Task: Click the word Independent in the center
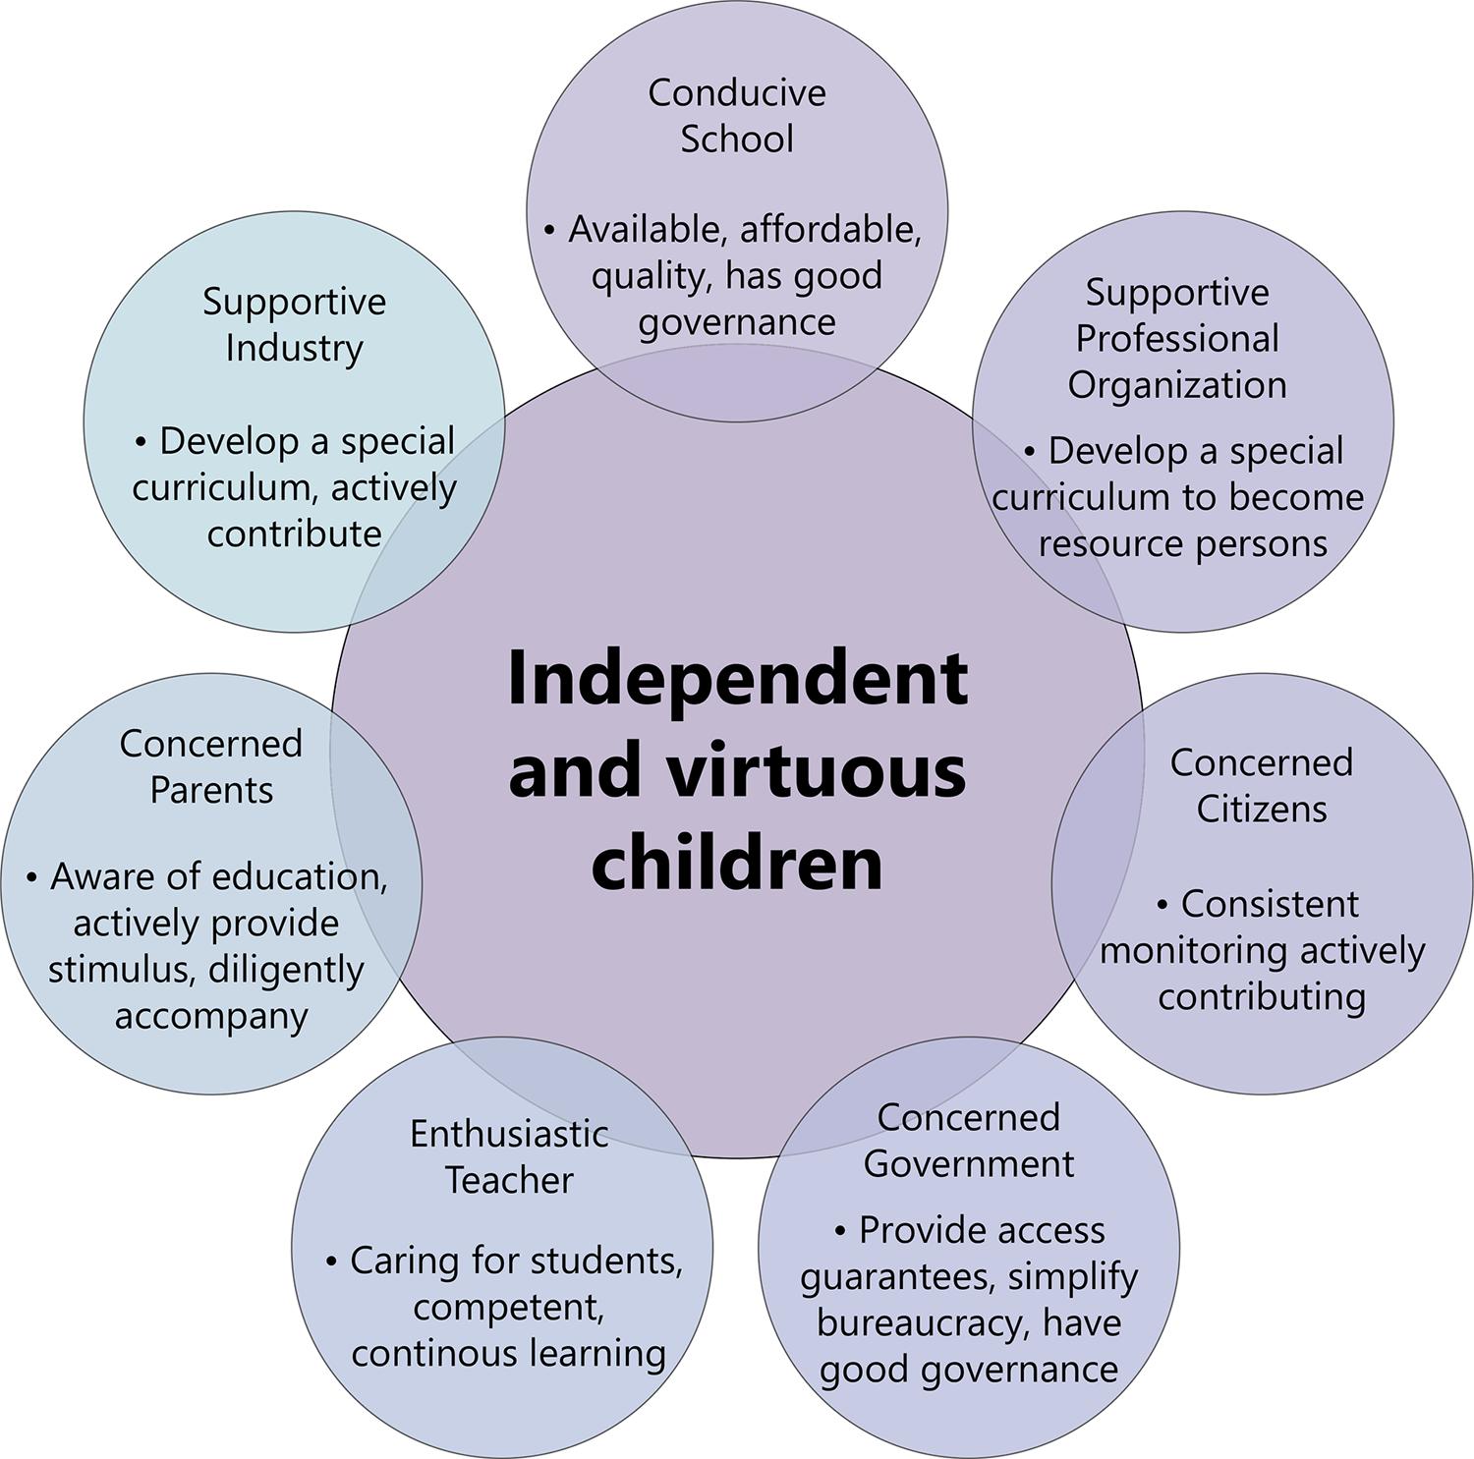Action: pyautogui.click(x=737, y=680)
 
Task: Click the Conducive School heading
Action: pyautogui.click(x=737, y=115)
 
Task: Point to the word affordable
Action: pyautogui.click(x=830, y=230)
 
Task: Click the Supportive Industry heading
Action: pyautogui.click(x=294, y=324)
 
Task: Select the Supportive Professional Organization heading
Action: pyautogui.click(x=1177, y=338)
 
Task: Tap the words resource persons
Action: pyautogui.click(x=1183, y=543)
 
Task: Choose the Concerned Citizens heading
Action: pyautogui.click(x=1261, y=785)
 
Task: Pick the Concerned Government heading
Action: pyautogui.click(x=968, y=1140)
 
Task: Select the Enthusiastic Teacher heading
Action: pyautogui.click(x=509, y=1156)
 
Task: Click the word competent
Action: pyautogui.click(x=507, y=1308)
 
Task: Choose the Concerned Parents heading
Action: pyautogui.click(x=210, y=766)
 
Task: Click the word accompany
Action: pyautogui.click(x=211, y=1016)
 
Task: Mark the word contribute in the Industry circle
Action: pyautogui.click(x=294, y=534)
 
